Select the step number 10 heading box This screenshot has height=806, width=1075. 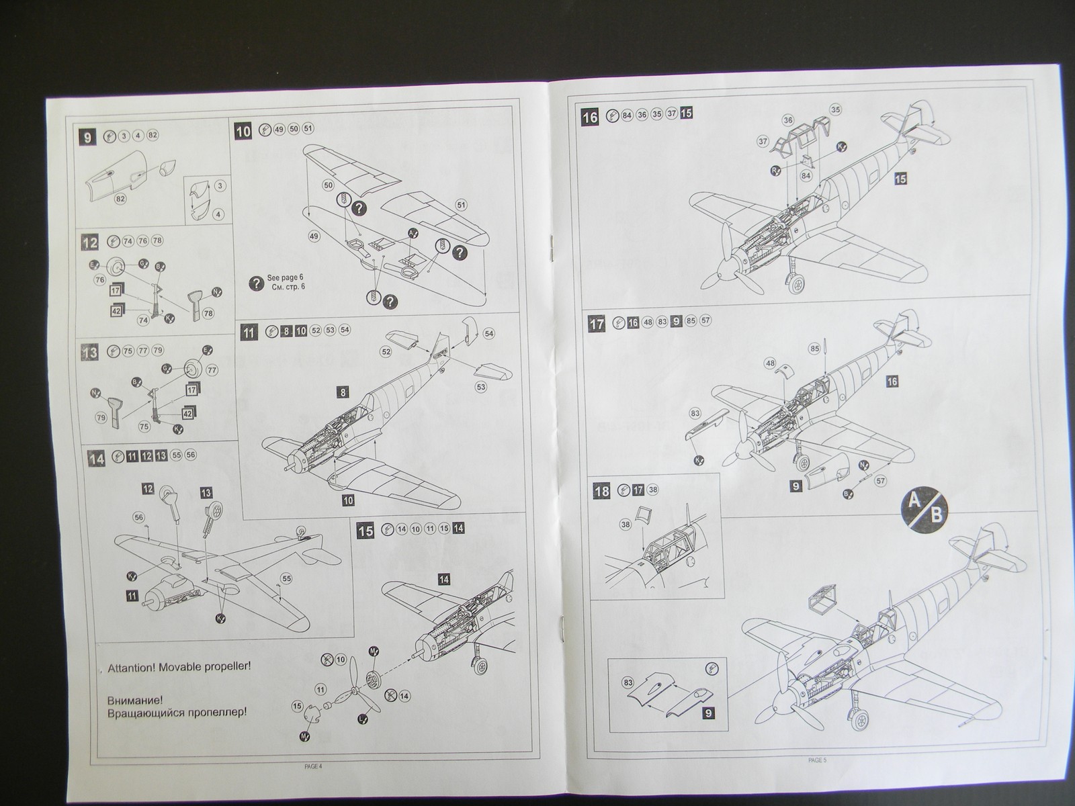[243, 131]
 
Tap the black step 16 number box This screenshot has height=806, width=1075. [590, 117]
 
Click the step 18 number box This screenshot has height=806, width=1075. [601, 491]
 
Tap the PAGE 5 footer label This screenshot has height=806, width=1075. [817, 760]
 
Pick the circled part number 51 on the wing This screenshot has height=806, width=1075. [460, 204]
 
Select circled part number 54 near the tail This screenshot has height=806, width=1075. [488, 334]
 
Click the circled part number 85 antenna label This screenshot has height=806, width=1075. [815, 349]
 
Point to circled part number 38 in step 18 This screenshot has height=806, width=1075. [626, 525]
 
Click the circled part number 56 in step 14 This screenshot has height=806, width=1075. [138, 517]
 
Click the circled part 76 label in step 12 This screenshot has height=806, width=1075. [100, 279]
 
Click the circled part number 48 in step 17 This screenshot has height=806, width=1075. [770, 363]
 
